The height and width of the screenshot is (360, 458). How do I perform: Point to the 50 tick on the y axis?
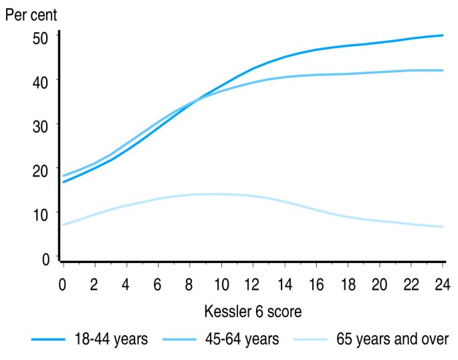(41, 38)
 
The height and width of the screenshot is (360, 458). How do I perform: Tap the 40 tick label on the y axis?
(41, 80)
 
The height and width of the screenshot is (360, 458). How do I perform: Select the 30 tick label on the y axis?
(41, 125)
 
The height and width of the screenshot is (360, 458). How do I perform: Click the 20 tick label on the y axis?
(41, 170)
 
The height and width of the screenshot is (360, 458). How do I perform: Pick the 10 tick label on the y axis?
(41, 214)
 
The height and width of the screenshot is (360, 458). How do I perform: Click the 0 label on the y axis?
(45, 259)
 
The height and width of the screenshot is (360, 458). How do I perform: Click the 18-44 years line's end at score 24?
(443, 35)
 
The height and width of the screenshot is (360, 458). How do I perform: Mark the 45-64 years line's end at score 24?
(443, 70)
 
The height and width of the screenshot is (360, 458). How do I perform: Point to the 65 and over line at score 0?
(64, 224)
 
